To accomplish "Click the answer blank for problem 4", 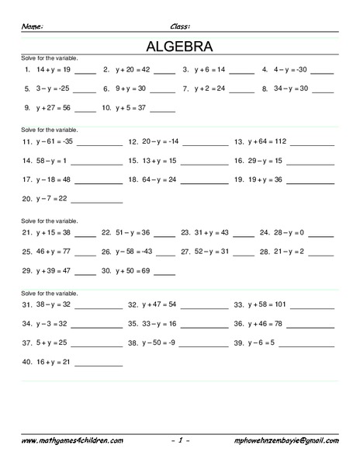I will tap(323, 71).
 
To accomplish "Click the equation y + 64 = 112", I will tap(267, 142).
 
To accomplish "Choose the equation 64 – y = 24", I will tap(158, 179).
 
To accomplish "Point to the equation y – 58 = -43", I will tap(133, 252).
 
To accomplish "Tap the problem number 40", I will tap(26, 361).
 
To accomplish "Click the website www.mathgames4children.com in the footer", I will tap(72, 440).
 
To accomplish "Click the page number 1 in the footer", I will tap(179, 440).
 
